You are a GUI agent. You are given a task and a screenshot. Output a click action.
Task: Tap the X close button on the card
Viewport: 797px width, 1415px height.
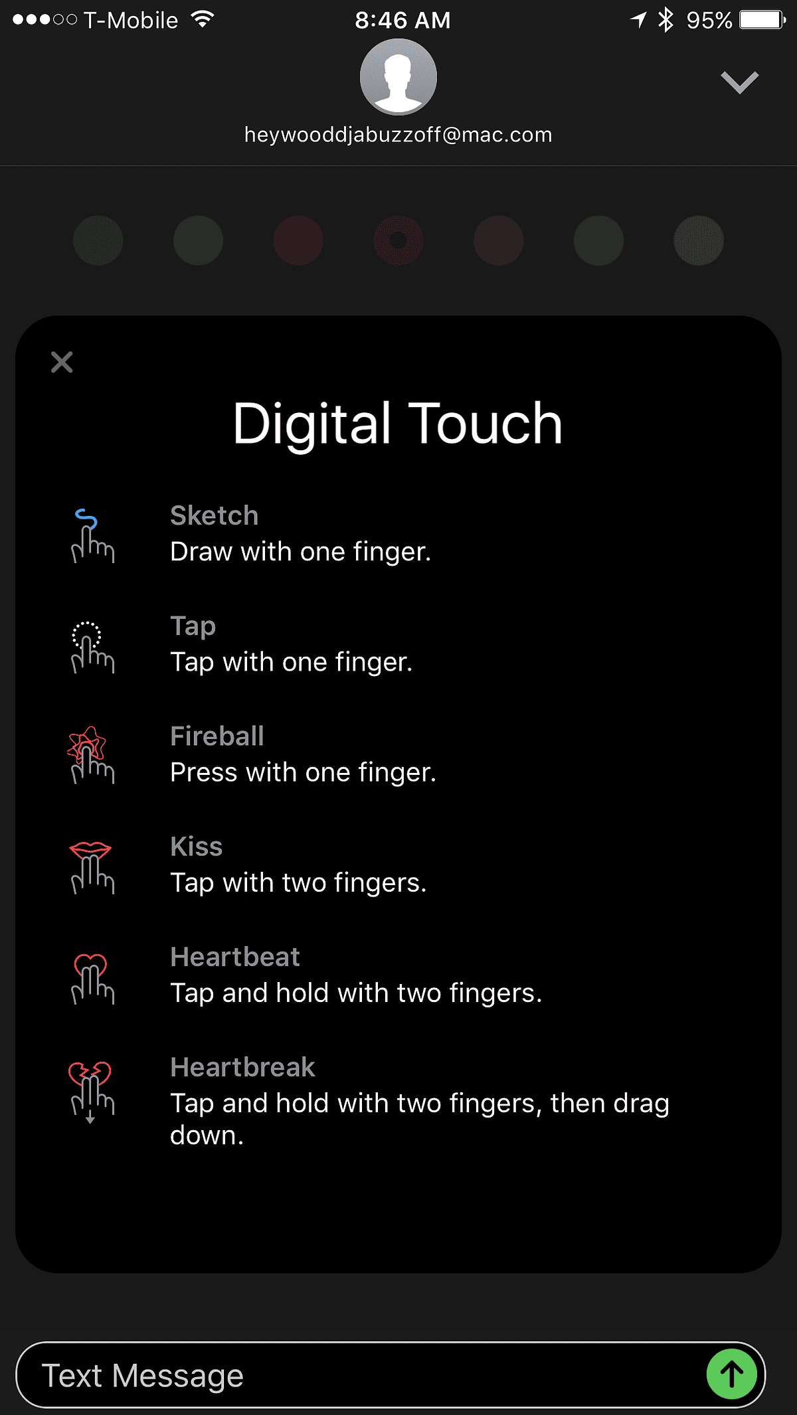pyautogui.click(x=62, y=362)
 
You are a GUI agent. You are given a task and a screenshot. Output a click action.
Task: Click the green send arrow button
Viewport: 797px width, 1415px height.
pyautogui.click(x=731, y=1374)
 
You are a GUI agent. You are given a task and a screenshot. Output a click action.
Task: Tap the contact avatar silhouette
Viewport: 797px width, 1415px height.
pyautogui.click(x=398, y=77)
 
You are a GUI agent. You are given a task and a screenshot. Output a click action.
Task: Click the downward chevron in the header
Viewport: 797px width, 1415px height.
pyautogui.click(x=739, y=82)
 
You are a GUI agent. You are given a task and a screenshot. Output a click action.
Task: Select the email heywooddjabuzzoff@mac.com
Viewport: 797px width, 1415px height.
pyautogui.click(x=398, y=135)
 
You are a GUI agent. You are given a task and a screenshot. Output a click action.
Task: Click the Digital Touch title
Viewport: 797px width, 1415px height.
pyautogui.click(x=398, y=424)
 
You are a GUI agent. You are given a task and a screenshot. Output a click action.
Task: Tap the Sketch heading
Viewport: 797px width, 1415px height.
pyautogui.click(x=214, y=516)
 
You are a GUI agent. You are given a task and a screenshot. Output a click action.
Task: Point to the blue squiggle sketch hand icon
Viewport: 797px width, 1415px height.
pyautogui.click(x=92, y=536)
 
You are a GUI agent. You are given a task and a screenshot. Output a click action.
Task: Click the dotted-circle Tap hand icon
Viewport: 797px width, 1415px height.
pyautogui.click(x=92, y=647)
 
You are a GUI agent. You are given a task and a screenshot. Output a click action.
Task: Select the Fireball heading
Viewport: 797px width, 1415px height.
pyautogui.click(x=217, y=736)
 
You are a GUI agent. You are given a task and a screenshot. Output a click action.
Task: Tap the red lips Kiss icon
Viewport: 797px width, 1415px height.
pyautogui.click(x=92, y=867)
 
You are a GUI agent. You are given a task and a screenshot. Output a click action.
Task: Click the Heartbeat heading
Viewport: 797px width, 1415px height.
pyautogui.click(x=235, y=957)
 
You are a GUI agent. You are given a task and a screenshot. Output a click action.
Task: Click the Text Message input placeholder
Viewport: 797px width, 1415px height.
pyautogui.click(x=143, y=1375)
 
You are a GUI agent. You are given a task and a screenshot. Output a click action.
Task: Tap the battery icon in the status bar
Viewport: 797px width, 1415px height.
pyautogui.click(x=762, y=20)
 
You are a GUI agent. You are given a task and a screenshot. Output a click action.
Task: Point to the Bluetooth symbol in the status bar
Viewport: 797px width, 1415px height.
pyautogui.click(x=665, y=20)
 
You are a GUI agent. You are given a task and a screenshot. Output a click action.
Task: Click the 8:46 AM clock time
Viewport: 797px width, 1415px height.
pyautogui.click(x=402, y=21)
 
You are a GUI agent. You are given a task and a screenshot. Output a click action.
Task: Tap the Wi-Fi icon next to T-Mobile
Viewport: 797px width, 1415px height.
pyautogui.click(x=202, y=19)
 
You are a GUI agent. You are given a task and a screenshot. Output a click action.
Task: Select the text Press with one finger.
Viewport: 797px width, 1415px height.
pyautogui.click(x=303, y=772)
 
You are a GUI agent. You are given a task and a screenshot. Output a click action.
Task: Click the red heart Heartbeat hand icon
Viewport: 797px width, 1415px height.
pyautogui.click(x=92, y=978)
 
